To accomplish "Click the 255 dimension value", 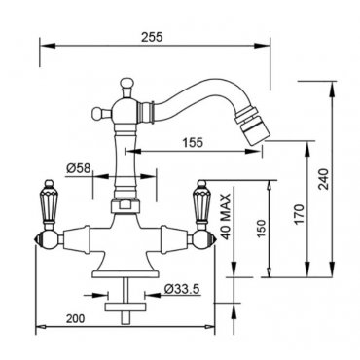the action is (x=152, y=37).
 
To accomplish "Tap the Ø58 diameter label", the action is (x=79, y=167).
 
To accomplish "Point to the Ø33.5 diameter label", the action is (x=181, y=288).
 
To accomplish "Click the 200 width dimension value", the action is (x=75, y=318).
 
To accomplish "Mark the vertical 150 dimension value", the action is (x=262, y=230).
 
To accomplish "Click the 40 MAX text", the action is (x=227, y=216).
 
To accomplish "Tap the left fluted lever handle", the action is (x=48, y=202).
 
